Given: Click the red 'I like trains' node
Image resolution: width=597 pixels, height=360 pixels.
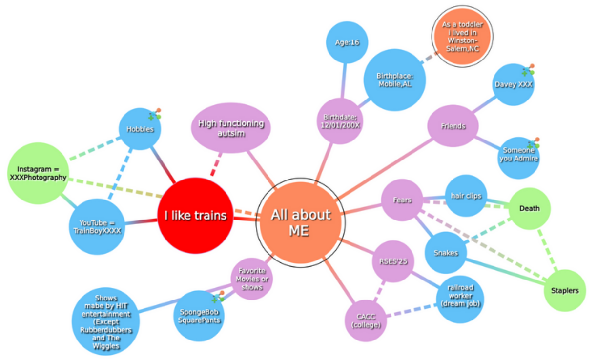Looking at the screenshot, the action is [195, 216].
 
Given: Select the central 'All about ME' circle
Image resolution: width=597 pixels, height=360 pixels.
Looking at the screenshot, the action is [301, 222].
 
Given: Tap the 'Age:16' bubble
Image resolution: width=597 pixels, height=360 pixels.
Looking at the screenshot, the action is [347, 42].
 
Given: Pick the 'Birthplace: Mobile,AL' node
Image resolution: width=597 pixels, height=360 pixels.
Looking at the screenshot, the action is [395, 80].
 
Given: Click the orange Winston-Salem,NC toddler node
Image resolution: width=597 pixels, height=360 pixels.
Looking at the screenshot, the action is [462, 37].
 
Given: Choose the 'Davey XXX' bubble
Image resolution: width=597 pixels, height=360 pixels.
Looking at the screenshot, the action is [514, 85].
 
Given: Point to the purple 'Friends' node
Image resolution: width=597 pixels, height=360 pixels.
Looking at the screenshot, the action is [453, 126].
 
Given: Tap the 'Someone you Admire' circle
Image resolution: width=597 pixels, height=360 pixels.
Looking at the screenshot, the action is [518, 158].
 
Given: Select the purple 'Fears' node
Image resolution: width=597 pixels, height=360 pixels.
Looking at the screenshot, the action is [402, 200].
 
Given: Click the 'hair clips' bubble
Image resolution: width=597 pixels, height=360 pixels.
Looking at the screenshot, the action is [466, 196].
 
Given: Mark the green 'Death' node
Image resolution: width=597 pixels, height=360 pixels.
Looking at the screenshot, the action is [530, 208].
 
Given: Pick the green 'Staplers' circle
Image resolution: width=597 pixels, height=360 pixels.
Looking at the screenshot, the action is [565, 291].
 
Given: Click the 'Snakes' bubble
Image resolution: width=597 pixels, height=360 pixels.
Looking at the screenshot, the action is [446, 253].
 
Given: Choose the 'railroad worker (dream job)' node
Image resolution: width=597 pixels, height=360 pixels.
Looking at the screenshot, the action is [460, 300].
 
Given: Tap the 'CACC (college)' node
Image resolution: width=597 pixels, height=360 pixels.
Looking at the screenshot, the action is [366, 320].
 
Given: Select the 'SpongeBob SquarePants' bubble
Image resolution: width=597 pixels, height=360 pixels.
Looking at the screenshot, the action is [199, 316].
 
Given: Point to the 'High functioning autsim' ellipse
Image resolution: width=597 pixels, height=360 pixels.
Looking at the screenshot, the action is [231, 128].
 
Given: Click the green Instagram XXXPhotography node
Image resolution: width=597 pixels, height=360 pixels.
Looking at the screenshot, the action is [38, 173].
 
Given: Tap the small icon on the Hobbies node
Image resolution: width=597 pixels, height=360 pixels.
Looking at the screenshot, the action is [155, 114].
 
